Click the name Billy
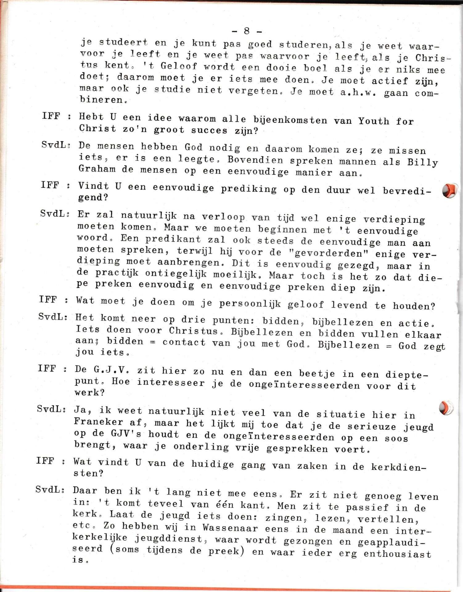[x=422, y=162]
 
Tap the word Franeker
[x=98, y=421]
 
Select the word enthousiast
[x=397, y=554]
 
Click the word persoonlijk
[x=250, y=304]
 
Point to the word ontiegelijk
[x=180, y=273]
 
